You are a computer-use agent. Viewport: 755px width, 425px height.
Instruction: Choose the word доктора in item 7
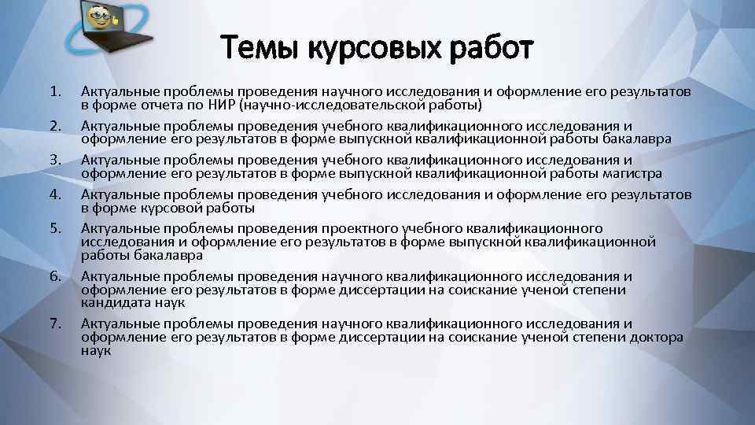657,337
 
